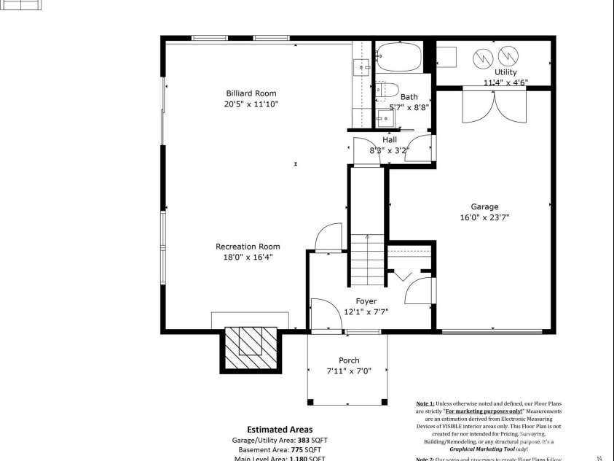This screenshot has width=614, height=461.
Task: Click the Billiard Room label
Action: (x=251, y=93)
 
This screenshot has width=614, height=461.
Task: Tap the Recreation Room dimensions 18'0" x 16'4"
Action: (x=248, y=257)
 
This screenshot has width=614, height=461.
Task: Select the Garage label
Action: (x=484, y=206)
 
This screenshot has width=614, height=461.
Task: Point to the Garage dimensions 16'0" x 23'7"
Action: (x=484, y=217)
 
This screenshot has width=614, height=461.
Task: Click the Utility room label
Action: (x=505, y=72)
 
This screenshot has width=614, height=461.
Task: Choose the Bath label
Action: (x=409, y=96)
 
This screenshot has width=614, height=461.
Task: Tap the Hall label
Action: (x=390, y=140)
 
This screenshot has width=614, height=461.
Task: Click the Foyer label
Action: (x=366, y=301)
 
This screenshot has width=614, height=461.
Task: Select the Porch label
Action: (x=349, y=360)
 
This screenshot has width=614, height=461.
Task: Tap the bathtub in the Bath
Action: (x=398, y=57)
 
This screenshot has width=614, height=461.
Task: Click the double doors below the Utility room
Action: (x=494, y=108)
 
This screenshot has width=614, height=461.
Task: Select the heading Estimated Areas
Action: (x=280, y=430)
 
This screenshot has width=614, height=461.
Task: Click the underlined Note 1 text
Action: (x=425, y=403)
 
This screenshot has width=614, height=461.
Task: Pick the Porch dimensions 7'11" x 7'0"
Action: (x=349, y=371)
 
